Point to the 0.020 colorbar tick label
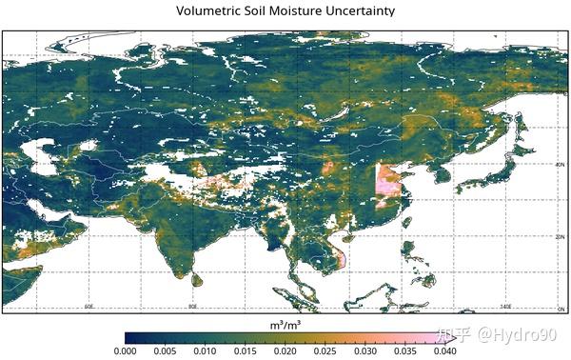point(285,350)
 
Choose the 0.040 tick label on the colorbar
point(444,350)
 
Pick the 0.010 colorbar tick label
point(205,350)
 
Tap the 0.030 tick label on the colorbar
point(364,350)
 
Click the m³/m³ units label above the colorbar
point(285,325)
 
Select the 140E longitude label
point(506,307)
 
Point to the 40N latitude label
point(561,164)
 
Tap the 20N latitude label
point(561,236)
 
